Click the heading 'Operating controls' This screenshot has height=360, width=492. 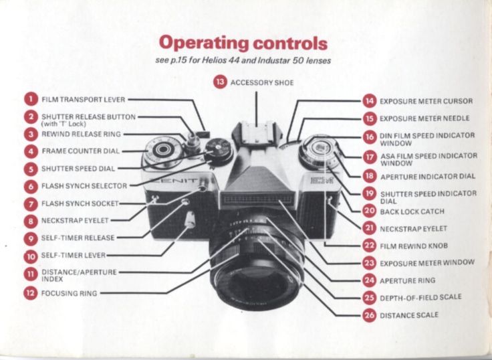pyautogui.click(x=243, y=43)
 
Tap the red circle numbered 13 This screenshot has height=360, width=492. pyautogui.click(x=220, y=82)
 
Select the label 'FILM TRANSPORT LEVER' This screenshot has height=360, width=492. pyautogui.click(x=84, y=100)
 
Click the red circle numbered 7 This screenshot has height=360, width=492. pyautogui.click(x=31, y=203)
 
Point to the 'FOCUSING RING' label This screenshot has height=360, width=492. pyautogui.click(x=69, y=293)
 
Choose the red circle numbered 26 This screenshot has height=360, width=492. pyautogui.click(x=369, y=314)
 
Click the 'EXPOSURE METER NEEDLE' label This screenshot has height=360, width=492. pyautogui.click(x=424, y=118)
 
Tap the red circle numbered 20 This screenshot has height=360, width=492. pyautogui.click(x=369, y=211)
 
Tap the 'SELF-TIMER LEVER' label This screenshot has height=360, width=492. pyautogui.click(x=73, y=256)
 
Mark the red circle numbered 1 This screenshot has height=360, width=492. pyautogui.click(x=31, y=100)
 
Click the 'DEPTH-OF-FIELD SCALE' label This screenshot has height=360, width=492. pyautogui.click(x=420, y=297)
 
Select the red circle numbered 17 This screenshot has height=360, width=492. pyautogui.click(x=369, y=158)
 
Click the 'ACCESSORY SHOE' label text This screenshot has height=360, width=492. pyautogui.click(x=261, y=83)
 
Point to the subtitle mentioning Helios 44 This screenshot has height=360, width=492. pyautogui.click(x=243, y=61)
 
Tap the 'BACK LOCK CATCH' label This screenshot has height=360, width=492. pyautogui.click(x=412, y=211)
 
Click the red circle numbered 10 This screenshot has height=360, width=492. pyautogui.click(x=31, y=256)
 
